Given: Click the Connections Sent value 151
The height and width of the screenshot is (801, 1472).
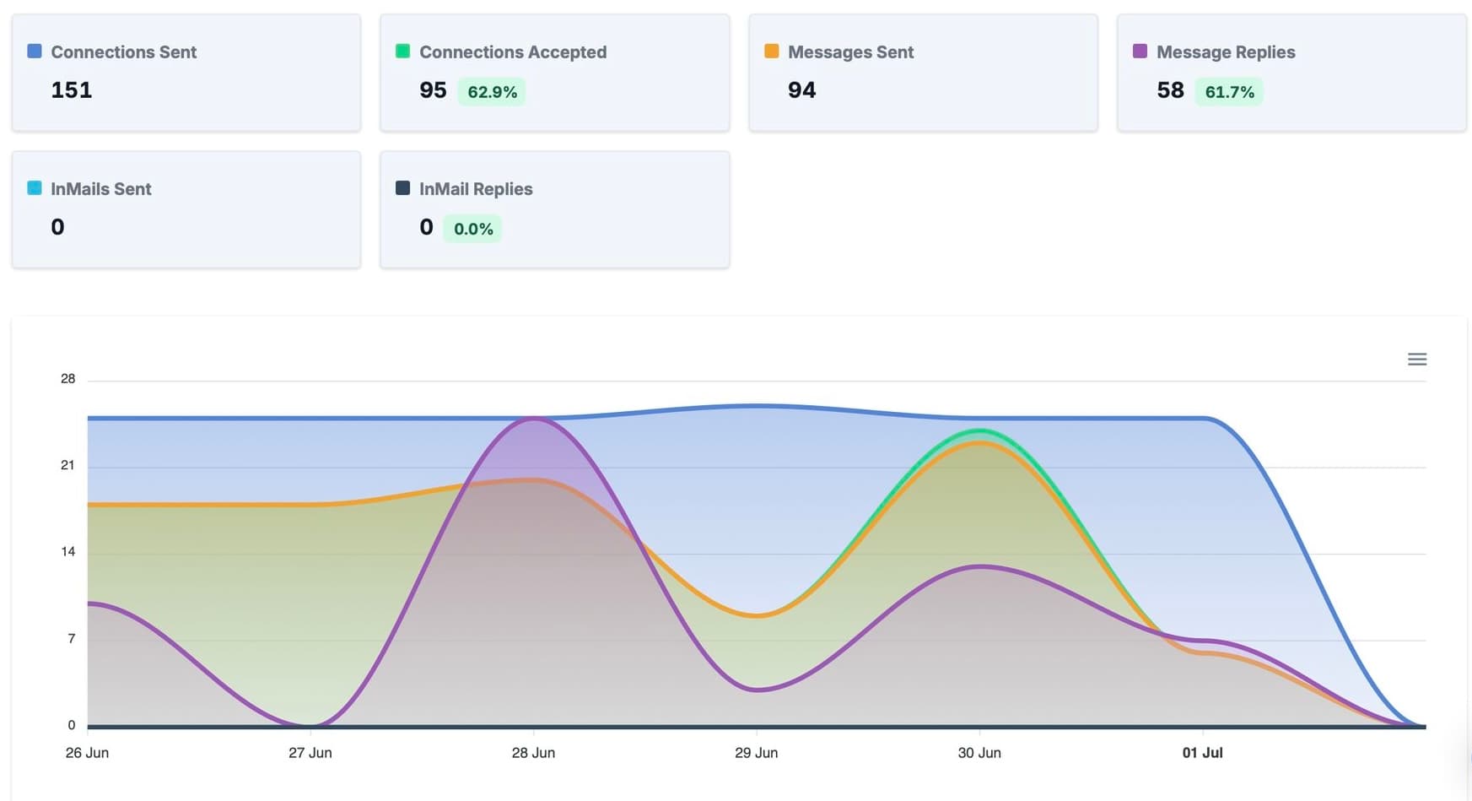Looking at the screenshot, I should [72, 90].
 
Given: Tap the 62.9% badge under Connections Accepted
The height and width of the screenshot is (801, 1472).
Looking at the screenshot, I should [492, 92].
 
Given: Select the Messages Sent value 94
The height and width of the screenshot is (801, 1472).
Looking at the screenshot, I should [801, 90].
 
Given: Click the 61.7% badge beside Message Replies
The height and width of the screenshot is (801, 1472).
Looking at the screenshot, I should [1229, 92].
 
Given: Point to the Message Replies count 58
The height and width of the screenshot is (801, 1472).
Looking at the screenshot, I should [1170, 90].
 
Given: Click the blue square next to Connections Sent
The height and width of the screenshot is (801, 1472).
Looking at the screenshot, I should [35, 51].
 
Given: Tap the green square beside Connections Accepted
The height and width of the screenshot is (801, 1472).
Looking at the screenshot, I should [403, 51].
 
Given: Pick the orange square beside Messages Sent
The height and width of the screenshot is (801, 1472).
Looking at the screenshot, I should [771, 51].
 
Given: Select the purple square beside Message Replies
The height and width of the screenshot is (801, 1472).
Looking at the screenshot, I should [1140, 51].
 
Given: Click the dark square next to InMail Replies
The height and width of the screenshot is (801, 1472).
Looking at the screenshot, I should [403, 188].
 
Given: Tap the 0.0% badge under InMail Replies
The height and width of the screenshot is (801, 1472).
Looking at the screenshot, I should [473, 229].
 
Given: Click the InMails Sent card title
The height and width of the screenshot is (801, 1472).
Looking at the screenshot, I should [101, 189].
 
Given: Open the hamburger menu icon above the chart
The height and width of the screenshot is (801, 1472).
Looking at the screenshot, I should [1417, 360].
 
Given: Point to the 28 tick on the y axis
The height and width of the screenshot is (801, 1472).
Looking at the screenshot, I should [68, 379].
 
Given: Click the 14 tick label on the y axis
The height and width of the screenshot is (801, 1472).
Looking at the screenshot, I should [68, 552].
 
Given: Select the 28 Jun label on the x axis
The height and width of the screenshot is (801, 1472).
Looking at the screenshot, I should [533, 753].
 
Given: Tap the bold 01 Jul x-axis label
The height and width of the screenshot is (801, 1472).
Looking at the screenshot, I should [1202, 753].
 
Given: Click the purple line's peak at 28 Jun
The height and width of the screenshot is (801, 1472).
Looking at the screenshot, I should [533, 419].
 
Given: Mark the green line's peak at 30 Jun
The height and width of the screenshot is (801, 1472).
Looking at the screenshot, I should [979, 431].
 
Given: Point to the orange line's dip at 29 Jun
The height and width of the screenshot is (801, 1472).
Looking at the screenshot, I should [757, 616].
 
